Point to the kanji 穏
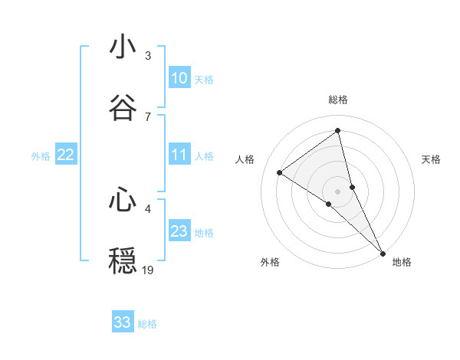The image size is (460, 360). pos(123,261)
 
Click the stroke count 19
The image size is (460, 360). pos(148,270)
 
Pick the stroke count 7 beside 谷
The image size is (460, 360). pos(148,116)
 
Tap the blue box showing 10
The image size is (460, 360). pos(179,78)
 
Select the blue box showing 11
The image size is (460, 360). pos(179,155)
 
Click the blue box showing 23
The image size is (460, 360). pos(179,231)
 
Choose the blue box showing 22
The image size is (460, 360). pos(65,155)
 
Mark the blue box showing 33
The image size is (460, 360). pos(123,322)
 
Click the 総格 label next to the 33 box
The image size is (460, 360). pos(147,324)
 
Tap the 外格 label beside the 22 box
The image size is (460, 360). pos(41,156)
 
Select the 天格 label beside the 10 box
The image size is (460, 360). pos(204,80)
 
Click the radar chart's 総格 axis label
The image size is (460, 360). pos(338,100)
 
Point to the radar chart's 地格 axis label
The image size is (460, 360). pos(402,262)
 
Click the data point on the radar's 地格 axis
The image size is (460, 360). pos(383,253)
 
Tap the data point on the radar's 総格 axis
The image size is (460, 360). pos(338,130)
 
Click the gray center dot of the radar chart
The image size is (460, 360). pos(338,191)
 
